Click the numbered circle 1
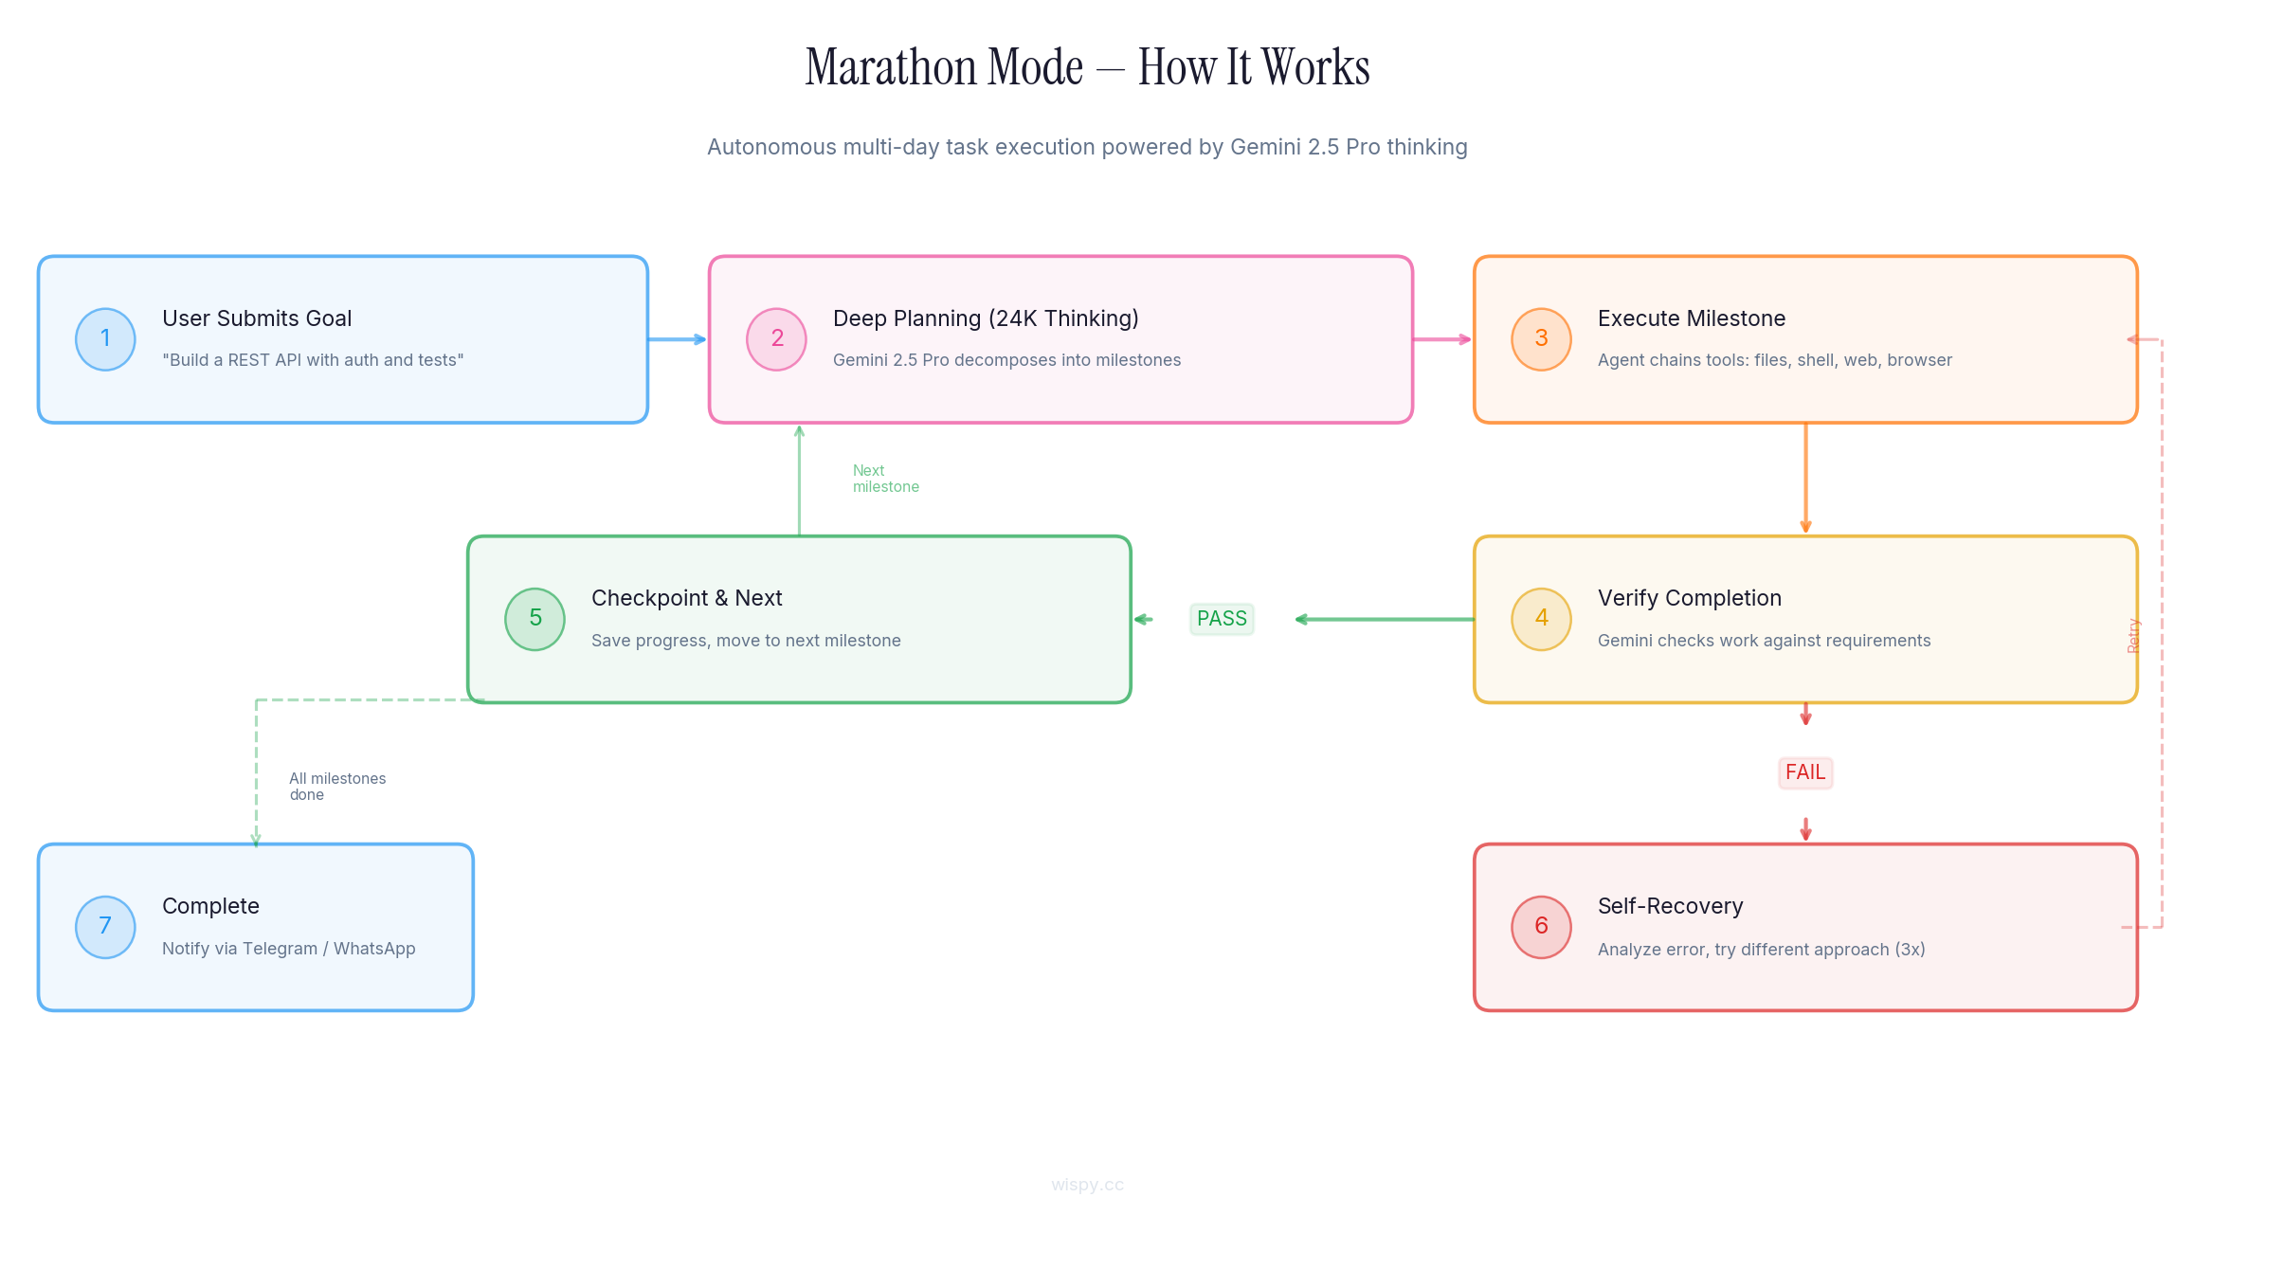[105, 339]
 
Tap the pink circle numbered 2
[776, 339]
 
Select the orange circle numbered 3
[1541, 339]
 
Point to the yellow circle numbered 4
[1541, 619]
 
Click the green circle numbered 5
[535, 619]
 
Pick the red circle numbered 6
[1541, 927]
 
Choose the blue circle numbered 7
[105, 927]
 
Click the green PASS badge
[1222, 619]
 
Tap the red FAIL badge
[1804, 772]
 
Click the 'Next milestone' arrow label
[885, 479]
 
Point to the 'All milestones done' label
[336, 787]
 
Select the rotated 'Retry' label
[2133, 636]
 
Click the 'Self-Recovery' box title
[1670, 906]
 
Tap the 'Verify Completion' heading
[1689, 598]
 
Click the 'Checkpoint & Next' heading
[686, 598]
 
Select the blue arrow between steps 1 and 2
[678, 339]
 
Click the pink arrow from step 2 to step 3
[1441, 339]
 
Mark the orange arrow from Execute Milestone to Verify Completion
[1805, 479]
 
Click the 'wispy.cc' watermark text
[1087, 1185]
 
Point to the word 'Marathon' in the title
[944, 68]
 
